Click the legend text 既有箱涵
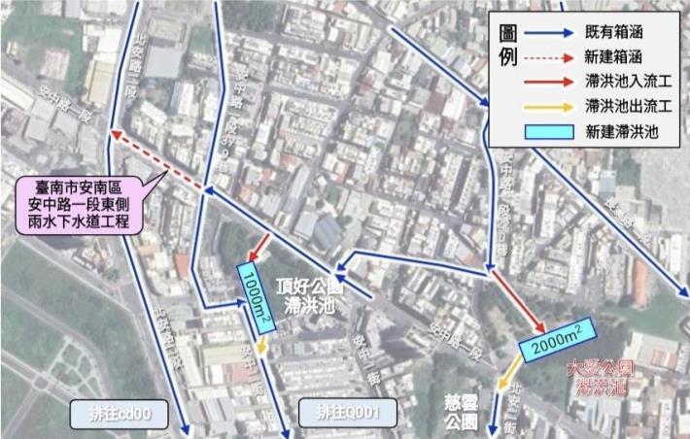pyautogui.click(x=614, y=31)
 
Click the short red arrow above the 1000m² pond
pyautogui.click(x=259, y=247)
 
